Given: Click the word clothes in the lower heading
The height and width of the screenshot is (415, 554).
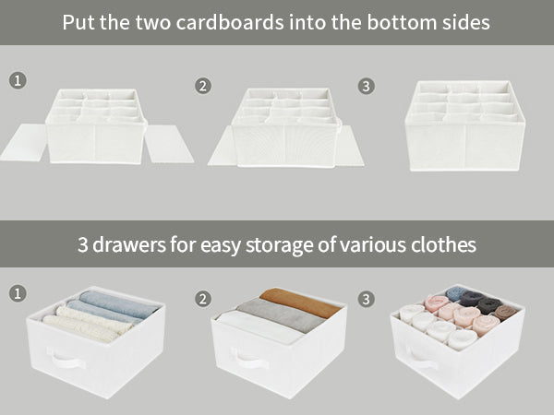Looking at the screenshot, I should (440, 245).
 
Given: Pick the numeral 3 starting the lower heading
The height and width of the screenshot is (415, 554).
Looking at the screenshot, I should (83, 245).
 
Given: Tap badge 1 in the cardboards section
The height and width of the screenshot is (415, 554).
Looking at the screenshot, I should (18, 81).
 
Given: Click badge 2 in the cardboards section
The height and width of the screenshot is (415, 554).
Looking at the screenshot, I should (202, 87).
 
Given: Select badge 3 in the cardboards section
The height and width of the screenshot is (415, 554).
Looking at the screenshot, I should (367, 86).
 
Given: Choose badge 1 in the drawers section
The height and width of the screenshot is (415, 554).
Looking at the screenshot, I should (18, 294).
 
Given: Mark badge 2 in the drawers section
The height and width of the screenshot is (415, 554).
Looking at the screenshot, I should (202, 299).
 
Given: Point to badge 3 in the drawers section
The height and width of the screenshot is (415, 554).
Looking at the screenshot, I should (367, 299).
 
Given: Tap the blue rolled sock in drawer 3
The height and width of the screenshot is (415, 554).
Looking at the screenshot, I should (456, 294).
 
